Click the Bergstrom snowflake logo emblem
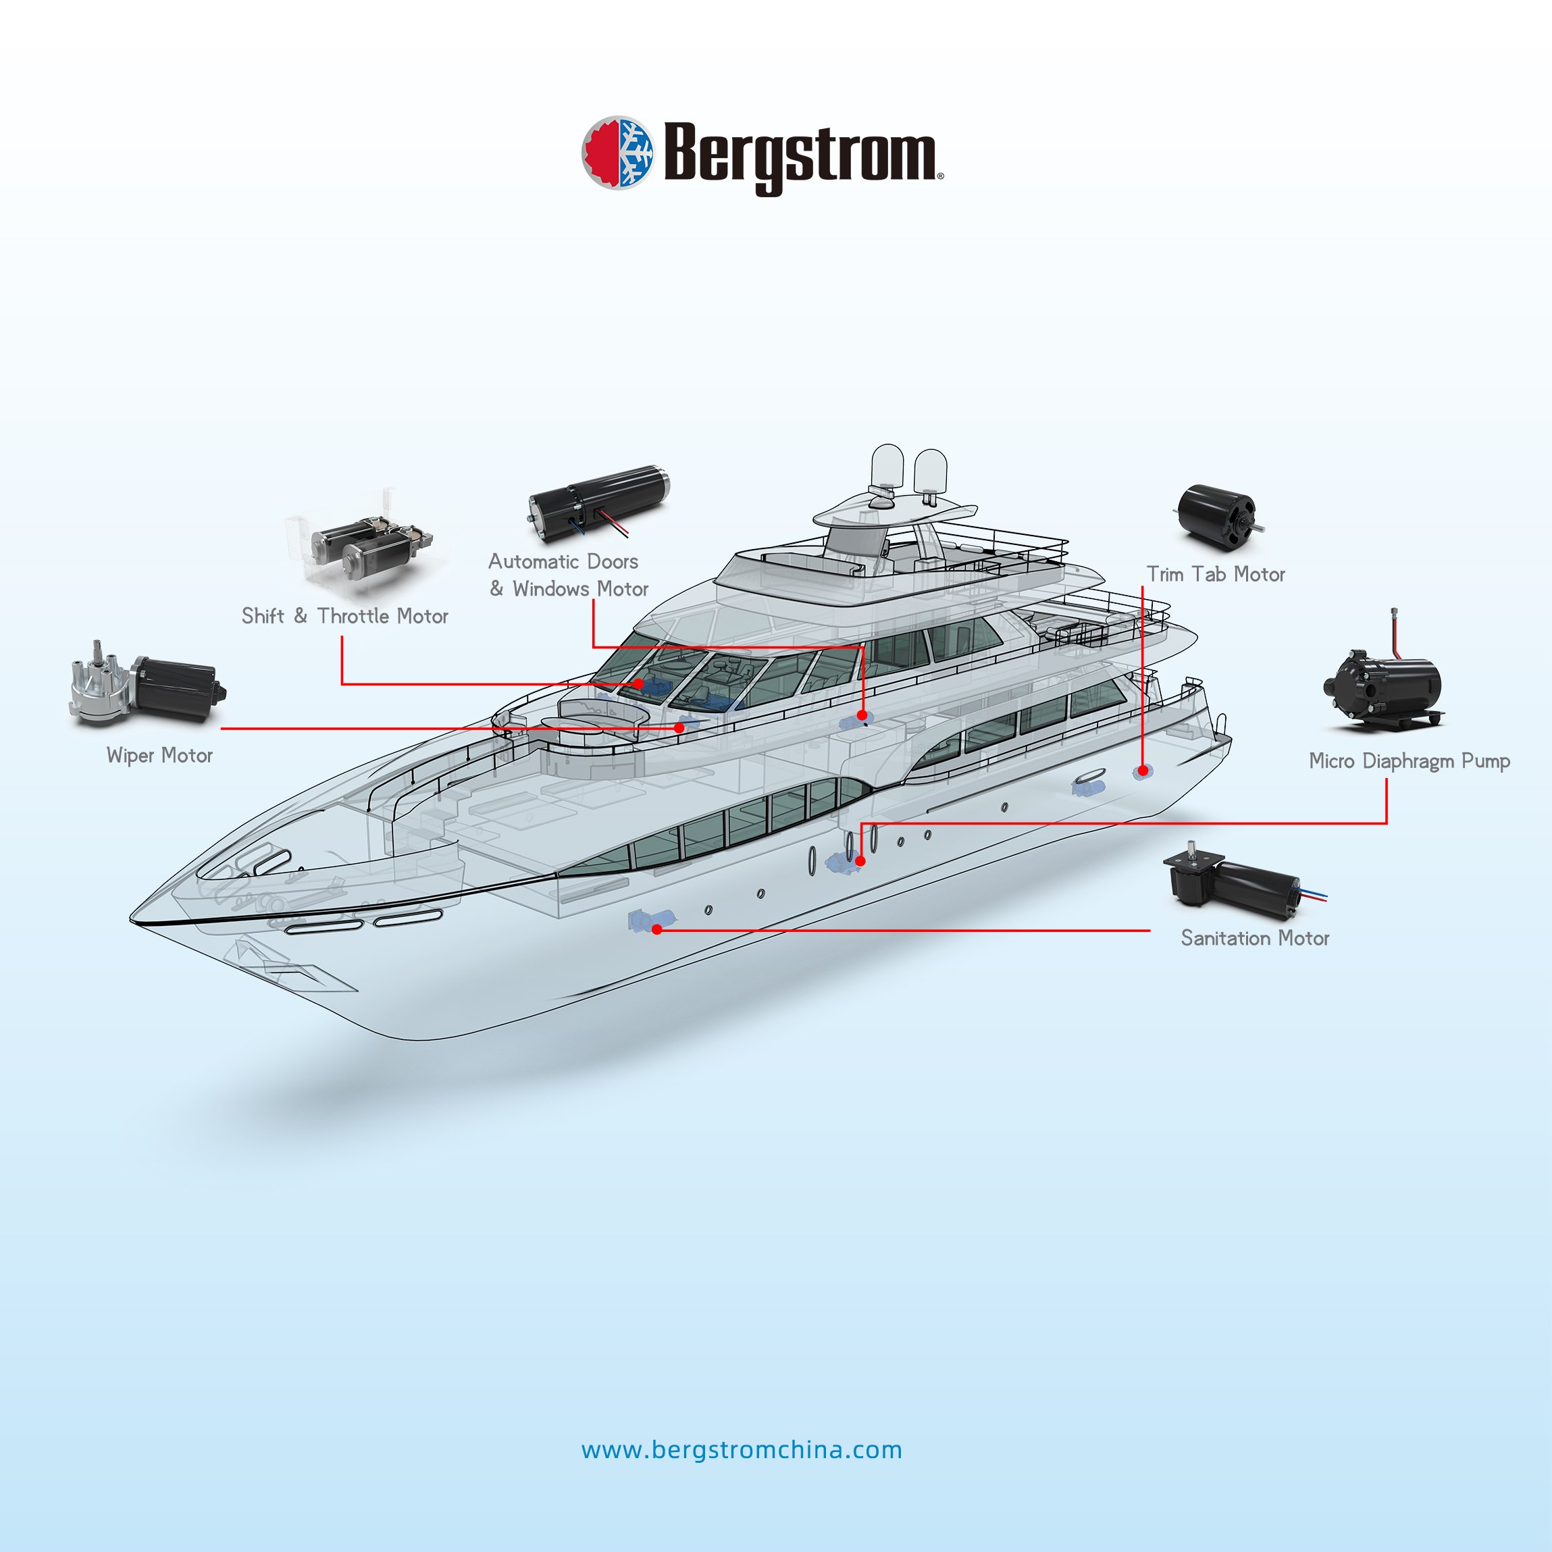[x=617, y=153]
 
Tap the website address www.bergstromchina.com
[x=742, y=1450]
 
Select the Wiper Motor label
[x=160, y=756]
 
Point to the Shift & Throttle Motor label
[x=344, y=616]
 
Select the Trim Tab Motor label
[x=1216, y=574]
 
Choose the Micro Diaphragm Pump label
[x=1409, y=760]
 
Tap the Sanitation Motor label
[x=1255, y=938]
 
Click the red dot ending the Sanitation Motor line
[x=657, y=929]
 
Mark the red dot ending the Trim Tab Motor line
[x=1142, y=771]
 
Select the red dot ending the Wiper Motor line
[x=679, y=728]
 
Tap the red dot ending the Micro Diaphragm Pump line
[x=860, y=861]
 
